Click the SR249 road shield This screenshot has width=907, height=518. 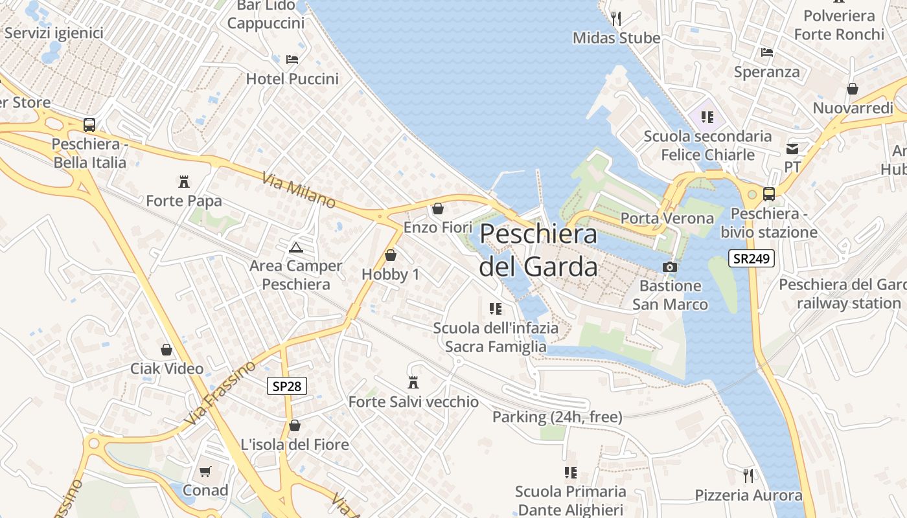[752, 259]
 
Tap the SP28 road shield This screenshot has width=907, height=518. [286, 386]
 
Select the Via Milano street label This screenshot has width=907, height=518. [299, 190]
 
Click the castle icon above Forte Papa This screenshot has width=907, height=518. [184, 182]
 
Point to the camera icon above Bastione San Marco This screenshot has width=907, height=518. [670, 267]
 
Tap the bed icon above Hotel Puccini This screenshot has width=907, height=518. [292, 60]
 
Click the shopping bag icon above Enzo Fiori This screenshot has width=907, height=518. [438, 208]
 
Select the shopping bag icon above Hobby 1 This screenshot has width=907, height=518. [390, 256]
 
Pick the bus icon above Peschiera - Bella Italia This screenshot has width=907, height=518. [89, 125]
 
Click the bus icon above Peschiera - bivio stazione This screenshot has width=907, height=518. [769, 194]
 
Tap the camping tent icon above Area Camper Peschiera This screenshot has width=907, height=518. [296, 247]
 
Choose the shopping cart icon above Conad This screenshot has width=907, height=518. [205, 472]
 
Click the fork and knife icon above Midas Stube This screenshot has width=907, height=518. [616, 18]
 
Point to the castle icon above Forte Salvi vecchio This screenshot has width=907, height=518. [413, 383]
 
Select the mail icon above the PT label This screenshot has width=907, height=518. [792, 148]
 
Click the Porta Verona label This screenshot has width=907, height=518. [667, 218]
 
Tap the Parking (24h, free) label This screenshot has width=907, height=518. [557, 417]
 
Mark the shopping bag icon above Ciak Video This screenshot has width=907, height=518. [166, 350]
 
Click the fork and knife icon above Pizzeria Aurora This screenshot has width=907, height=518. [748, 476]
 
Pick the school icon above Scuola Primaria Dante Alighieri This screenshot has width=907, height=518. [570, 473]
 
